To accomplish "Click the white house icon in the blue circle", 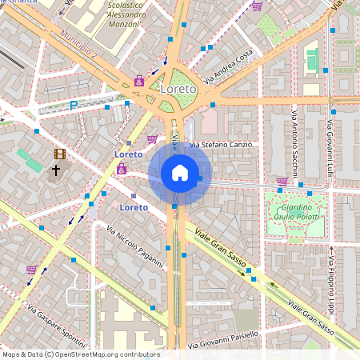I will [180, 172].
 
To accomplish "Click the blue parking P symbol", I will [74, 105].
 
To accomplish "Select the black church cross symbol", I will [56, 170].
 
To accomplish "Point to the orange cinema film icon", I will [59, 154].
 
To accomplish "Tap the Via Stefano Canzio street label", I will [220, 145].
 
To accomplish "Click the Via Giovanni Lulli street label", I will [330, 148].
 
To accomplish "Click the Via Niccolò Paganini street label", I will [134, 246].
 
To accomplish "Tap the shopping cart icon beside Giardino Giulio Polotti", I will [282, 182].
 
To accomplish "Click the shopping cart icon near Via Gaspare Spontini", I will [31, 270].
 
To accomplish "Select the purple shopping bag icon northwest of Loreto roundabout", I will [139, 80].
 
